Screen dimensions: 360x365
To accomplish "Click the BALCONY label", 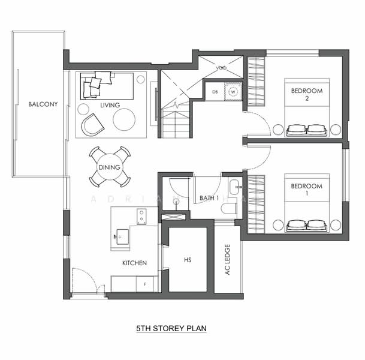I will click(x=43, y=104).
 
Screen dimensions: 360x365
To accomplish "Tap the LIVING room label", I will click(x=110, y=106).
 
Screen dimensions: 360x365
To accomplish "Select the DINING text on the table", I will click(x=109, y=167).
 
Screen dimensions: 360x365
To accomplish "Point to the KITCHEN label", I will click(x=134, y=263).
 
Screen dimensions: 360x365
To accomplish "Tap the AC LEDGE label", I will click(x=227, y=259).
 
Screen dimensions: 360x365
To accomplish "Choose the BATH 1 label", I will click(x=209, y=197).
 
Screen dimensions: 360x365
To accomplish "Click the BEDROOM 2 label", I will click(x=306, y=95).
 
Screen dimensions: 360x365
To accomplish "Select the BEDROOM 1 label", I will click(x=306, y=190).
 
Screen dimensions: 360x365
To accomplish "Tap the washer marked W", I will click(x=233, y=91).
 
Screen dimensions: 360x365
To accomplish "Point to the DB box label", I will click(x=215, y=91).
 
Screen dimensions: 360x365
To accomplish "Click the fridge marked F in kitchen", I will click(x=144, y=283).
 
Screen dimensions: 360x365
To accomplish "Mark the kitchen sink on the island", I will click(x=123, y=234).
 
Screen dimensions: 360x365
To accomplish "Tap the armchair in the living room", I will click(x=93, y=125).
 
